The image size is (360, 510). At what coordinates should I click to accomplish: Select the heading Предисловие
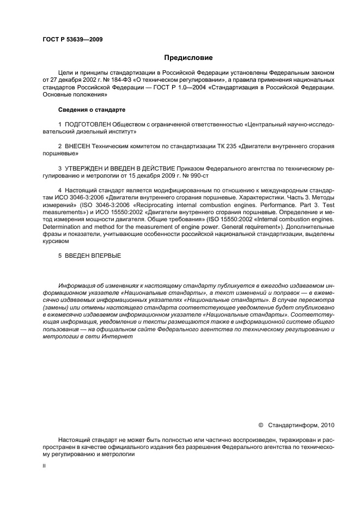[x=188, y=58]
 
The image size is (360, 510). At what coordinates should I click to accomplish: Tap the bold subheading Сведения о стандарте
[x=84, y=110]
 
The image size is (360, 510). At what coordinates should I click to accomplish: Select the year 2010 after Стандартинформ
[x=326, y=424]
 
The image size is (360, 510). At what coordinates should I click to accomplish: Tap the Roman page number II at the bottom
[x=44, y=466]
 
